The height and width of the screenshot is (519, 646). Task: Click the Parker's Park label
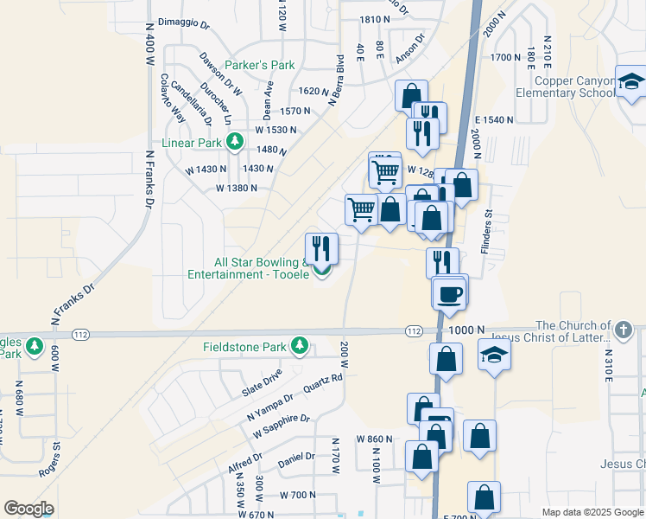(260, 65)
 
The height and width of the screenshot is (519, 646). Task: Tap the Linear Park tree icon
(234, 140)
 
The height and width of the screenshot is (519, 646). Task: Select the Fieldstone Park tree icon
(300, 346)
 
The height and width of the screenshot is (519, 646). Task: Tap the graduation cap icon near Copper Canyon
(630, 83)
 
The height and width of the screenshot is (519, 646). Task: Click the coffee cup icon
(450, 293)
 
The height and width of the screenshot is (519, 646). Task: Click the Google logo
(28, 509)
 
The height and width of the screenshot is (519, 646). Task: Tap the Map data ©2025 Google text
(591, 512)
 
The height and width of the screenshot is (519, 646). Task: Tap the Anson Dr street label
(411, 47)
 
